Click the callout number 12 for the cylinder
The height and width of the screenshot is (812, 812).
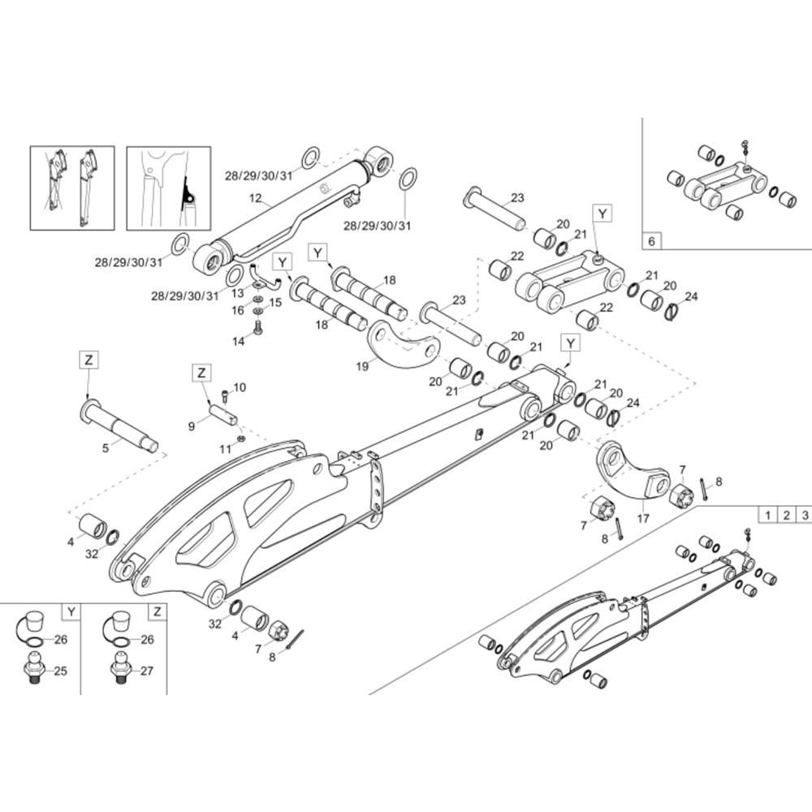[256, 198]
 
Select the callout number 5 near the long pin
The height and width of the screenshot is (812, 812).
[106, 448]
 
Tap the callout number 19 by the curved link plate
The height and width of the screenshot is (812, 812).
[362, 366]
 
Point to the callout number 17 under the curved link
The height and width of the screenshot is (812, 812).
[643, 518]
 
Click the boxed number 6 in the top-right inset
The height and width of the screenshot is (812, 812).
[651, 241]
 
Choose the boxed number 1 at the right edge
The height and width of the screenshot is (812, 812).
[768, 515]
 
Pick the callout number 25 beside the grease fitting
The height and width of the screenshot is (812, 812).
[61, 671]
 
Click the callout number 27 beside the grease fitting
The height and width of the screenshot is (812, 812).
[147, 671]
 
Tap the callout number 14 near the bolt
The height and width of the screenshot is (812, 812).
[238, 341]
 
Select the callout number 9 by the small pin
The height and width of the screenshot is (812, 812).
[192, 426]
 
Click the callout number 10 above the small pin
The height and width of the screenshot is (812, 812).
[240, 387]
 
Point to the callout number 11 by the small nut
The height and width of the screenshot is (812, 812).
[224, 449]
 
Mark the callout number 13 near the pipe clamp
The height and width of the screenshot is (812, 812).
[237, 294]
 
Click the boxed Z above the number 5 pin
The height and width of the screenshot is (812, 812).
[89, 360]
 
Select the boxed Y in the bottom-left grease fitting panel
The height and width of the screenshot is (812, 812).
[71, 612]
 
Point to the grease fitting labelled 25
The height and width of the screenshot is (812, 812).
[34, 670]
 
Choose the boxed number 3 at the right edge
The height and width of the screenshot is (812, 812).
[805, 515]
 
